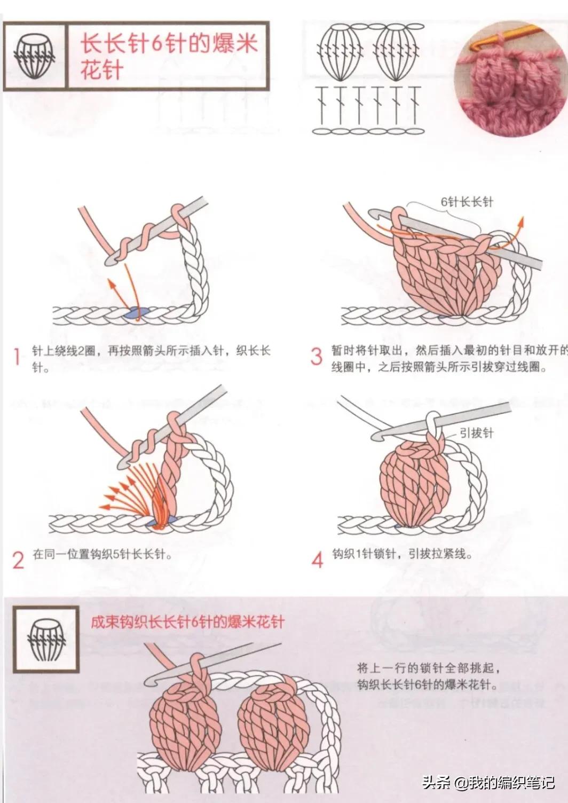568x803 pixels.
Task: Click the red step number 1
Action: point(17,357)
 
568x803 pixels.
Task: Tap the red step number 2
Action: point(18,560)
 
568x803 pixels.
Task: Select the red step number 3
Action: point(317,356)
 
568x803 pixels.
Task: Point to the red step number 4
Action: point(318,560)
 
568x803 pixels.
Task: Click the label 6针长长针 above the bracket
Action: point(467,202)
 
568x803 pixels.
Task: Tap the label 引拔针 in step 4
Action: point(476,432)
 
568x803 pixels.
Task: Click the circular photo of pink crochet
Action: point(500,79)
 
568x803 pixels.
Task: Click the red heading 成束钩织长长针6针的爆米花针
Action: point(187,622)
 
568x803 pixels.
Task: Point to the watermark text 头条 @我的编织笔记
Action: point(488,783)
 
